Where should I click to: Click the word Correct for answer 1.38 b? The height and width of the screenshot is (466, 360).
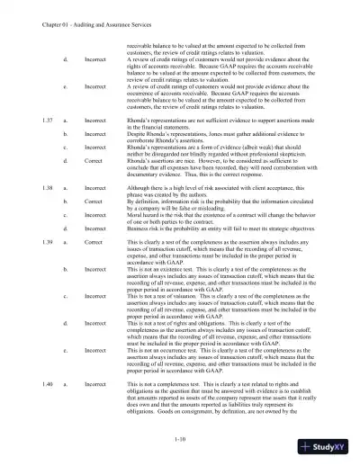[94, 202]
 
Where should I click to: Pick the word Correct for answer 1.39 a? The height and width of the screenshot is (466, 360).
[94, 243]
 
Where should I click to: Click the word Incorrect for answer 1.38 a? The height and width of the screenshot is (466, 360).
[96, 188]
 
